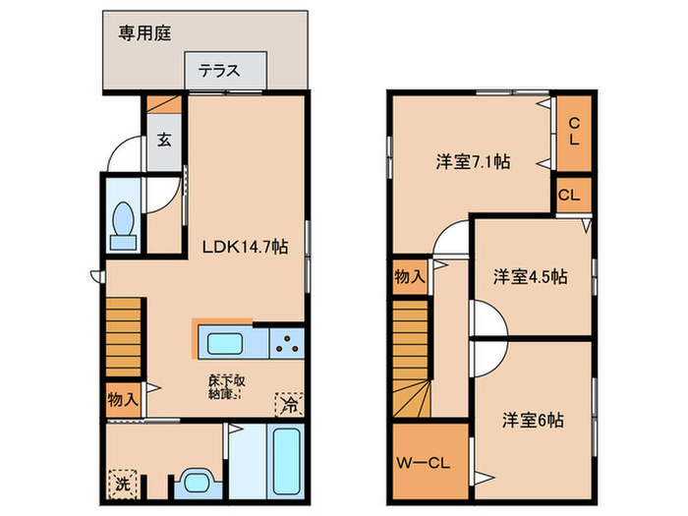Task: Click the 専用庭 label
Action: [x=145, y=33]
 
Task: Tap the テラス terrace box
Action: [x=225, y=71]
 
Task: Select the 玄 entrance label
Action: [x=163, y=139]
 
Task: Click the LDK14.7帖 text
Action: [x=245, y=248]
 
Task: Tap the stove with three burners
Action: [x=287, y=344]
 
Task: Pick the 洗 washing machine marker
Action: [x=120, y=482]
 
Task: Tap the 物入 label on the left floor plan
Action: [x=123, y=400]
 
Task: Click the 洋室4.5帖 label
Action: [x=530, y=276]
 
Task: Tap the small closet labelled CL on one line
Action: [x=569, y=195]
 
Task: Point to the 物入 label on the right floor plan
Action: [x=410, y=276]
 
